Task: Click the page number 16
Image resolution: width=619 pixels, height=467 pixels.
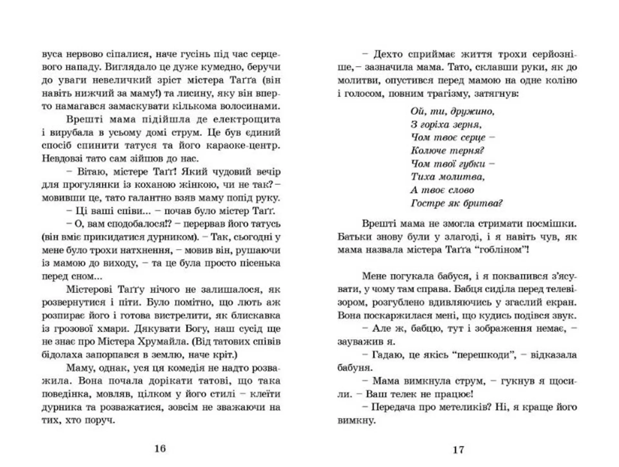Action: [160, 448]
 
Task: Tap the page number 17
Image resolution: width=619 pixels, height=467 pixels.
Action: [458, 450]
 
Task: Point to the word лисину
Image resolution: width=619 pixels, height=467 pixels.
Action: [193, 93]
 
